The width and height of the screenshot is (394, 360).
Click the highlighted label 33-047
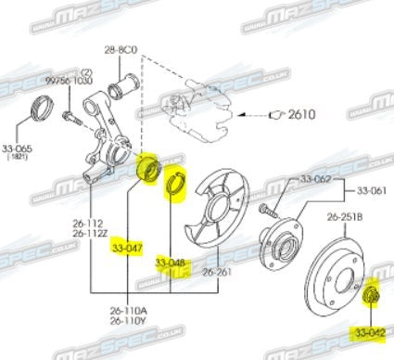(126, 249)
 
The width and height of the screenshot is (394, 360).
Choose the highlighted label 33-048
(172, 264)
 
